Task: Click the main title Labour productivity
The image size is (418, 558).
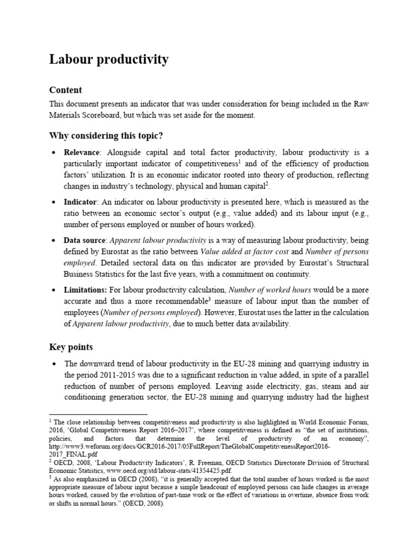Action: (x=109, y=60)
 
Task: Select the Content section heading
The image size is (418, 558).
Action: (x=65, y=90)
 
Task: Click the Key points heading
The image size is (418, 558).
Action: (x=71, y=347)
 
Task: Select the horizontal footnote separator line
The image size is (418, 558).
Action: (x=98, y=415)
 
